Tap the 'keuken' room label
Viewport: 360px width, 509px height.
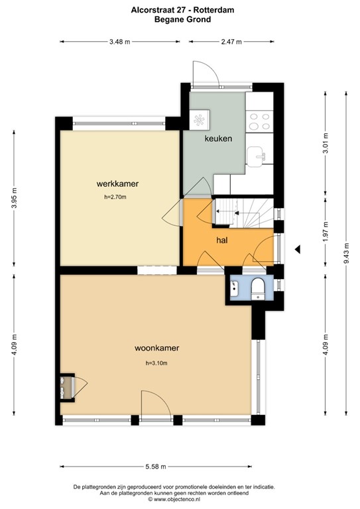[x=218, y=139]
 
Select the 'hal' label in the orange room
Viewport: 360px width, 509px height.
[x=221, y=241]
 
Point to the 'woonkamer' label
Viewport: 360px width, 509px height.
[x=157, y=347]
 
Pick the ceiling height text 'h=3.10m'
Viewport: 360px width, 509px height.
[x=156, y=363]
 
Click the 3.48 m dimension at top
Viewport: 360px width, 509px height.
[x=119, y=41]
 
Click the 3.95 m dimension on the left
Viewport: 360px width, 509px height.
[x=15, y=198]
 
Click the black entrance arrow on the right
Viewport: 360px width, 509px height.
[x=298, y=249]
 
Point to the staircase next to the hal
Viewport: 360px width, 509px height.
[x=243, y=213]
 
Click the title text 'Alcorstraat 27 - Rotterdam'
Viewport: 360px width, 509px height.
[x=179, y=10]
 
